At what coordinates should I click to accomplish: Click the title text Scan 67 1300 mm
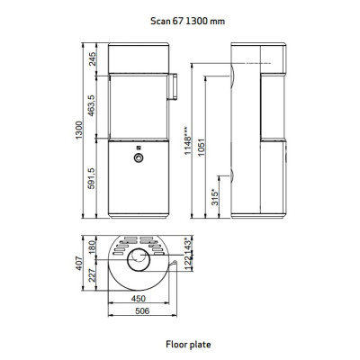pyautogui.click(x=187, y=22)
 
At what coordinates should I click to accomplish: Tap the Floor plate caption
pyautogui.click(x=188, y=344)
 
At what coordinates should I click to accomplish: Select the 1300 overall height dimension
pyautogui.click(x=78, y=130)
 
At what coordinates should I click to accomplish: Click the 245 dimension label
pyautogui.click(x=93, y=58)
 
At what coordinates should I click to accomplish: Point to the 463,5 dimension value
pyautogui.click(x=92, y=105)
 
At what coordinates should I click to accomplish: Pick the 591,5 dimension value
pyautogui.click(x=92, y=178)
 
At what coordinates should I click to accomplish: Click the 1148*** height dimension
pyautogui.click(x=187, y=140)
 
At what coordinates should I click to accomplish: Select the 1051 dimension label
pyautogui.click(x=202, y=147)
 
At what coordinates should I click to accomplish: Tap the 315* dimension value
pyautogui.click(x=215, y=197)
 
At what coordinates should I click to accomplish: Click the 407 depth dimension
pyautogui.click(x=78, y=263)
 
